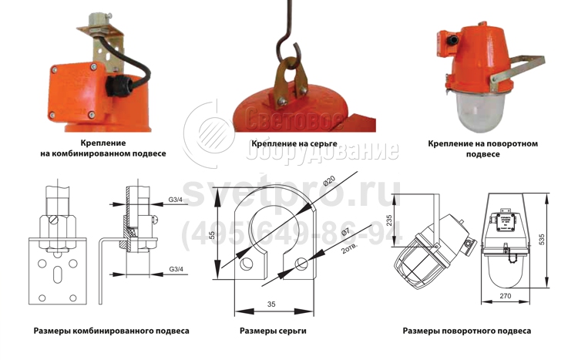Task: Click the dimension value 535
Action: [x=542, y=240]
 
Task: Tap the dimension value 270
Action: [x=505, y=296]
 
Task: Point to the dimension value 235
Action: [x=389, y=220]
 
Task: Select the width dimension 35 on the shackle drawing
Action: [x=271, y=304]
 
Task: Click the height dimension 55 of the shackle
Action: [x=212, y=235]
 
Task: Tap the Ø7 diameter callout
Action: [x=345, y=233]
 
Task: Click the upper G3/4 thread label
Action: [x=176, y=200]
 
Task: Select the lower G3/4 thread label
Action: [x=176, y=269]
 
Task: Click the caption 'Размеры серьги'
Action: [x=273, y=331]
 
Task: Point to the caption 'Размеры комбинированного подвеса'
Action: [x=111, y=331]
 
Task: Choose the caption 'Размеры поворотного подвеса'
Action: [x=467, y=331]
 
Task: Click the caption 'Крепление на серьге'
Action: [x=294, y=143]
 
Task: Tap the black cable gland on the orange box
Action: [x=117, y=87]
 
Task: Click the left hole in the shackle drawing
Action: [x=246, y=264]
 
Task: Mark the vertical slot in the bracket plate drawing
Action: [x=57, y=274]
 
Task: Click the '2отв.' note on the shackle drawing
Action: [x=350, y=249]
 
